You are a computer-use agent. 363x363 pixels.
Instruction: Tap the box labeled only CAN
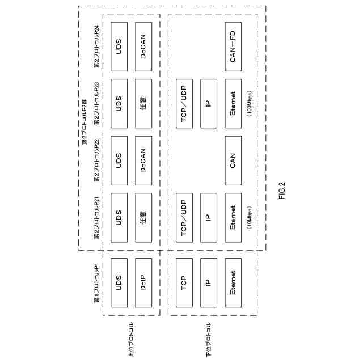(233, 161)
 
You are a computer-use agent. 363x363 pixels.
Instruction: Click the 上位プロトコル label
(132, 340)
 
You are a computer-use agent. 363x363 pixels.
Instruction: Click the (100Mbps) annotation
(250, 104)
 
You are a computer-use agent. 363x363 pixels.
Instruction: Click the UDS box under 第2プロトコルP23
(119, 104)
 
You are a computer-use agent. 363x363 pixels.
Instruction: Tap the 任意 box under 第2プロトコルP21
(143, 217)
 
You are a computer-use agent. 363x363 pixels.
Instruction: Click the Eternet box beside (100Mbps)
(233, 104)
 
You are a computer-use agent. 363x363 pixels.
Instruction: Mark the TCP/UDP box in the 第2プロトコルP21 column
(184, 217)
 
